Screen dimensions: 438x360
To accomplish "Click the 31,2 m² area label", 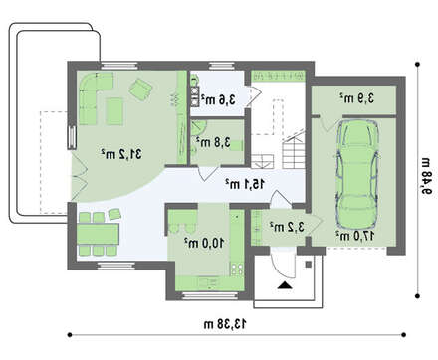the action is (x=121, y=154).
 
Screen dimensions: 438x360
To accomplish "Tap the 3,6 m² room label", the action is (x=217, y=99).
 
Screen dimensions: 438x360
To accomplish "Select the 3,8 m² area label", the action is (x=213, y=142).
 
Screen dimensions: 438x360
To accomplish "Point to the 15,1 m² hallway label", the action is (x=245, y=184).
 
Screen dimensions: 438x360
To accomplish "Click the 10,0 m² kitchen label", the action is (x=204, y=243).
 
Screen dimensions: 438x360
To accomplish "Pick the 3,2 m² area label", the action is (x=287, y=227).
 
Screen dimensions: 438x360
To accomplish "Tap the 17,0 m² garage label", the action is (x=355, y=236).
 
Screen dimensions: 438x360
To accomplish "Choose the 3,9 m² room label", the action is (x=356, y=98).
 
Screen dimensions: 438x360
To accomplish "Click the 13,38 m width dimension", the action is (x=225, y=324).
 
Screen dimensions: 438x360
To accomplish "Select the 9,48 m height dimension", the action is (x=426, y=178).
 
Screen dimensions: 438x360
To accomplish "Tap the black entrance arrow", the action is (x=285, y=285).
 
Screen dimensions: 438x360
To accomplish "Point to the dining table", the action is (x=98, y=234).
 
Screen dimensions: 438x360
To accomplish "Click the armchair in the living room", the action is (x=140, y=89).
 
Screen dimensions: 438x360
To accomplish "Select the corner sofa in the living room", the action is (x=94, y=97).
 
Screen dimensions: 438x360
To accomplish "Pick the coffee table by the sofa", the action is (x=114, y=111).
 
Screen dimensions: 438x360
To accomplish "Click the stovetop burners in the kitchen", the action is (x=237, y=269).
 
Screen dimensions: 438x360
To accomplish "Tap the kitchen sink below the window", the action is (x=208, y=282).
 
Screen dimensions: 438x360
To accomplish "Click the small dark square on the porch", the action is (x=309, y=264).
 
